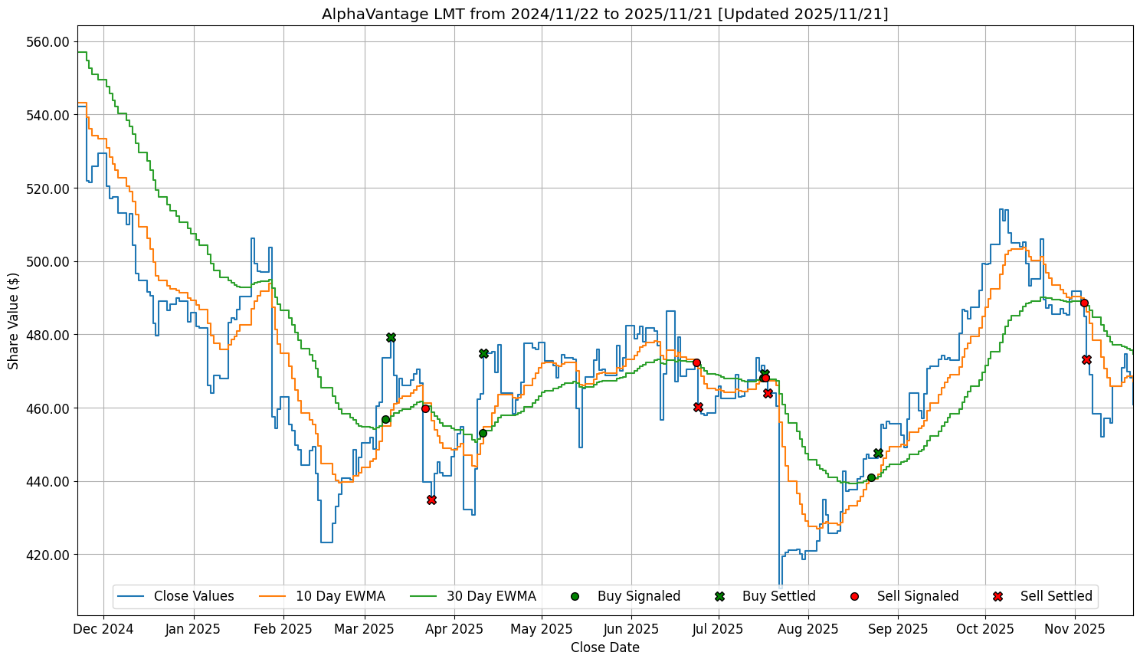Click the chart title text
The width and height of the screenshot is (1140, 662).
click(604, 14)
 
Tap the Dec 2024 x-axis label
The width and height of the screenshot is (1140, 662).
click(104, 629)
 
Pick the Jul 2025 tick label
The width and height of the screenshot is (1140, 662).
click(718, 629)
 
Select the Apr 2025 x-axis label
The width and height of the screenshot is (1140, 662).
click(454, 629)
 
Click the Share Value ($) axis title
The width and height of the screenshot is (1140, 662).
click(14, 320)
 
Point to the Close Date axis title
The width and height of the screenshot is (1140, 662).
click(604, 647)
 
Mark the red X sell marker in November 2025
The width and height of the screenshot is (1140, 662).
click(1086, 359)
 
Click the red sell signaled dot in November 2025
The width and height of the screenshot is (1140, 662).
click(1084, 303)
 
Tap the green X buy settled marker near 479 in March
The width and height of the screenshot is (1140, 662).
click(391, 337)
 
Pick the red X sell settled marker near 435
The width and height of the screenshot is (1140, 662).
click(431, 500)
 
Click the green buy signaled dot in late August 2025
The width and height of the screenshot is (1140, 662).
click(871, 477)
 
